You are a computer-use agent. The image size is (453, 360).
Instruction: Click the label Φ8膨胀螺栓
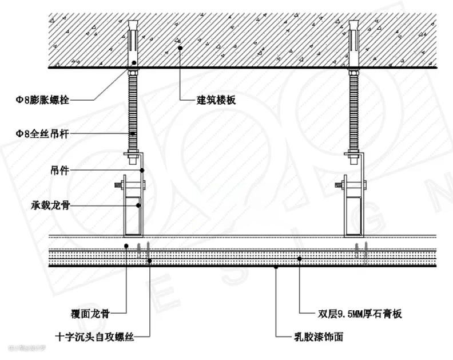42,100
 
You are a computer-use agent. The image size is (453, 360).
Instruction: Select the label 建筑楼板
216,100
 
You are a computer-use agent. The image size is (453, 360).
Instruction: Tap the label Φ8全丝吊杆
42,133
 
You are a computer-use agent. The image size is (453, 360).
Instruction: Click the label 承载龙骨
51,205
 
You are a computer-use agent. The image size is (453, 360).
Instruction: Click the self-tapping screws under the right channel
362,251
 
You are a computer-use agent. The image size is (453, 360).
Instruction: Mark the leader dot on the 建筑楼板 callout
180,49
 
